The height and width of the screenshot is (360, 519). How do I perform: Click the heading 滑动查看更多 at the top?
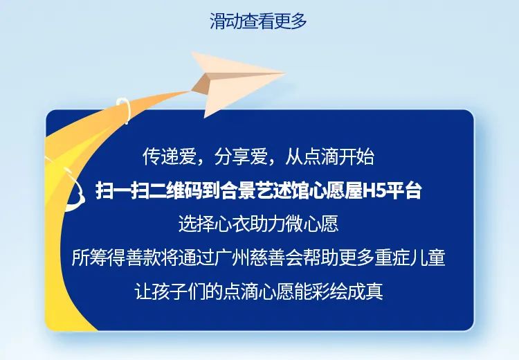point(259,21)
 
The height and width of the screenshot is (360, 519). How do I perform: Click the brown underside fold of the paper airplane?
point(201,84)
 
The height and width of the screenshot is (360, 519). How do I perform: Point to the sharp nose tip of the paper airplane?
point(285,73)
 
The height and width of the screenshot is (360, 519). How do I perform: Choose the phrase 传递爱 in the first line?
point(169,156)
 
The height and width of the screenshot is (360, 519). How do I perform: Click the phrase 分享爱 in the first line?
point(241,156)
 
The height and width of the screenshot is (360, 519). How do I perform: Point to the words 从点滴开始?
point(329,156)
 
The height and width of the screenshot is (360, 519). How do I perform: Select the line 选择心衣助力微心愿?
point(259,224)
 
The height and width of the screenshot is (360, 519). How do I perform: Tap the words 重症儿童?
point(410,258)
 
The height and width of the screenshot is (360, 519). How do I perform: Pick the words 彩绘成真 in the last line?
point(347,291)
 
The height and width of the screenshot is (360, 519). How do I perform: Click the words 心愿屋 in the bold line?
point(336,191)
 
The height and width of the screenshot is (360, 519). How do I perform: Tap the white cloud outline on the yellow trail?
point(73,192)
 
